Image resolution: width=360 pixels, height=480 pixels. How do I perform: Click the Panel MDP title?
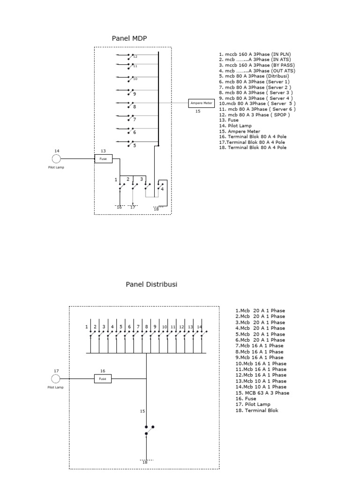129,38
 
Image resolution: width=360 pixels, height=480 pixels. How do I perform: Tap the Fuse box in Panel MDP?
103,159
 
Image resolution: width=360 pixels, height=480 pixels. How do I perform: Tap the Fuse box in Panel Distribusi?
103,379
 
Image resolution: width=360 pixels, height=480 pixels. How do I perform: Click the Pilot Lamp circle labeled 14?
56,159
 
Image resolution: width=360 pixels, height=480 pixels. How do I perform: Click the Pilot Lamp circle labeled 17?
56,379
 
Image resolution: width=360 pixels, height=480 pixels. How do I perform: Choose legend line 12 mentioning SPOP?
254,115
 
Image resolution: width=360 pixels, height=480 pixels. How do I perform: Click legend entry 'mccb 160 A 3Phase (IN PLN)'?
255,54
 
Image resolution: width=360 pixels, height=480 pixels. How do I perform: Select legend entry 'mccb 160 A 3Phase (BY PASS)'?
256,65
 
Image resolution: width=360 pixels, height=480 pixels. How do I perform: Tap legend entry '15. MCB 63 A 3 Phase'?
262,393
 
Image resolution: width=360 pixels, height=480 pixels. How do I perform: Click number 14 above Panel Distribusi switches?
199,326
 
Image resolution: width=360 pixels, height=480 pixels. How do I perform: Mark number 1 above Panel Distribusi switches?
87,326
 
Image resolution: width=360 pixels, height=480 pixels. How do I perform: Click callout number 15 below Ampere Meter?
198,112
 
